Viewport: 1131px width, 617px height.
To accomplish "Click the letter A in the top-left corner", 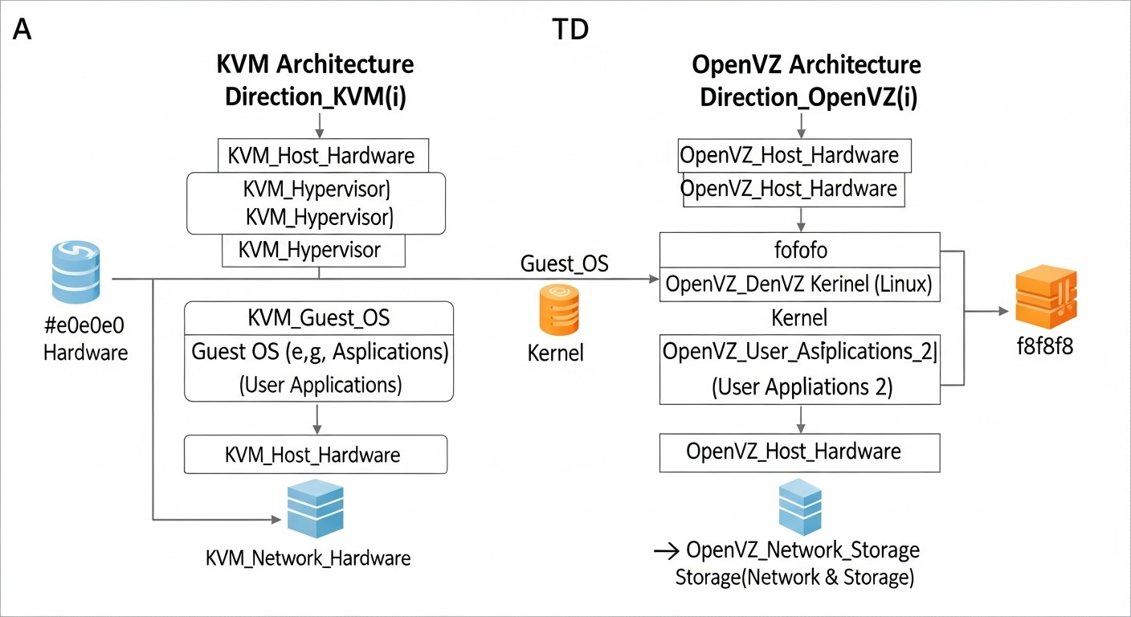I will coord(22,31).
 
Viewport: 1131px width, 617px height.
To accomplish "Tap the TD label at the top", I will coord(571,31).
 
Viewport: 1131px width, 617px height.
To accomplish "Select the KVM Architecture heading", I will coord(316,64).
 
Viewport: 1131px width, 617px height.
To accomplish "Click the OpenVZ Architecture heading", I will coord(806,64).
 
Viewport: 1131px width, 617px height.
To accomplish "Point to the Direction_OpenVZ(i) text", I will coord(809,97).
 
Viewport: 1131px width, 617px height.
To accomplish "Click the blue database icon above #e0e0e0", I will coord(76,272).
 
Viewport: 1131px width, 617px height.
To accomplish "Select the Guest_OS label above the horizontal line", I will coord(565,264).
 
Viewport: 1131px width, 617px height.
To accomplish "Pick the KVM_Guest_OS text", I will coord(319,317).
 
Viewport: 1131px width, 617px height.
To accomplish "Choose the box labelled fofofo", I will coord(798,251).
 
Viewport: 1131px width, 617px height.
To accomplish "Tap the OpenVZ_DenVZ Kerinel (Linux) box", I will coord(798,285).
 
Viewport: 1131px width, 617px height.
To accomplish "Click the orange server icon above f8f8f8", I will coord(1045,296).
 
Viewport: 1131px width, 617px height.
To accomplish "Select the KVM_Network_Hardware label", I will coord(308,558).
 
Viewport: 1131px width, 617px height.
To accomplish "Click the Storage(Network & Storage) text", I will coord(794,578).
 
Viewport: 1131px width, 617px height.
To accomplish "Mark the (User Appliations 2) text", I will coord(802,386).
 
